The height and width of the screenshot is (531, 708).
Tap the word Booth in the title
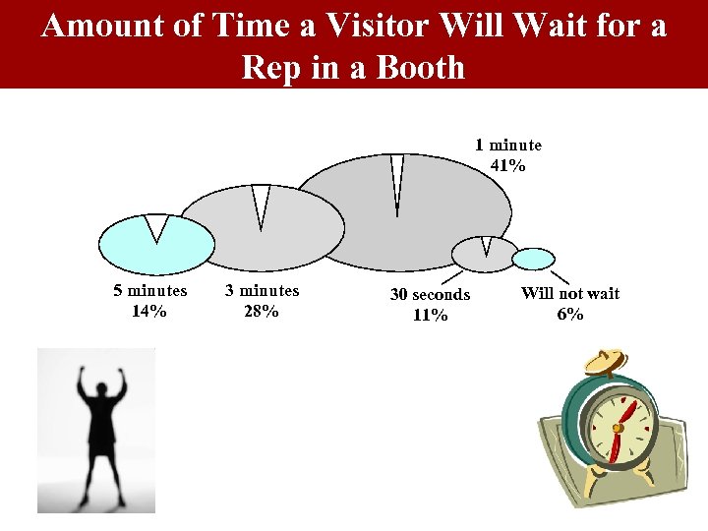[418, 68]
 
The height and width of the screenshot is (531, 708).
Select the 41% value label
[507, 166]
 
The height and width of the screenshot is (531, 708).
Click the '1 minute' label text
[507, 146]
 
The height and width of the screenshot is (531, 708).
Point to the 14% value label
[148, 312]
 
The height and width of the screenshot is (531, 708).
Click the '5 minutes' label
[149, 291]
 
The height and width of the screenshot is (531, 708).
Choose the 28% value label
[262, 312]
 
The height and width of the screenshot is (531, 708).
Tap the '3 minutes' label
[262, 291]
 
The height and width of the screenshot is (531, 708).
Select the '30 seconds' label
[430, 295]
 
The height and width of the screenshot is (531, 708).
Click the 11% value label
[431, 316]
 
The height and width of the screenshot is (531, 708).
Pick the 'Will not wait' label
[569, 293]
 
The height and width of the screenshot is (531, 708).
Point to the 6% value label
[569, 315]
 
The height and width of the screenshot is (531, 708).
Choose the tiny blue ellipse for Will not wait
[535, 259]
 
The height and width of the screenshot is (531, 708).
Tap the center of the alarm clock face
[617, 428]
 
